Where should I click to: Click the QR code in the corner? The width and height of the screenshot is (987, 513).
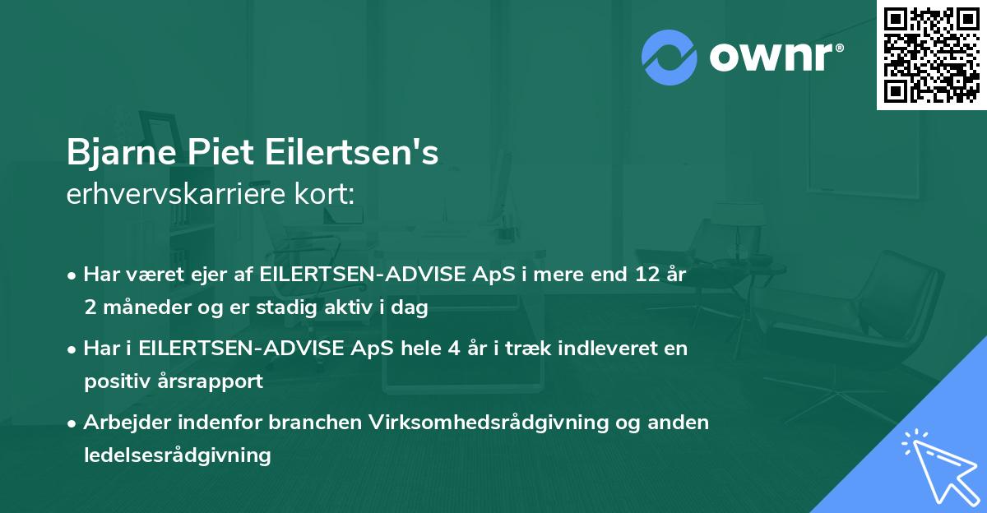pos(932,54)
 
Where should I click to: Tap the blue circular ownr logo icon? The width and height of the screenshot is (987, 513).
pos(670,57)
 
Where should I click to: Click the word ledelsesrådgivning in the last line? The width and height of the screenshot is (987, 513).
pos(177,455)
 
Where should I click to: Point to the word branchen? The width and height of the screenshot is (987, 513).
pos(317,423)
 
